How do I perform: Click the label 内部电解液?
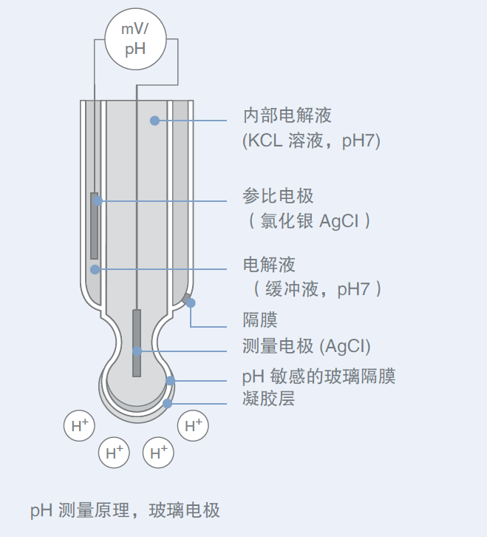pos(287,116)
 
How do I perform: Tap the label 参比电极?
pos(278,197)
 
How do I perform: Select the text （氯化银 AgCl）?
pos(306,220)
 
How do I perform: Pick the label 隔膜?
pos(260,320)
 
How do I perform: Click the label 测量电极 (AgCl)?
pos(306,346)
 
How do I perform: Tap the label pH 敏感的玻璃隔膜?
pos(319,376)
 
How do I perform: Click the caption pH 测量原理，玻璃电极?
pos(125,510)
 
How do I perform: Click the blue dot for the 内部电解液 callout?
pos(154,120)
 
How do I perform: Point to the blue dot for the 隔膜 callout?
pos(191,303)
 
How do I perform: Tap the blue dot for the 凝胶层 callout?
pos(168,403)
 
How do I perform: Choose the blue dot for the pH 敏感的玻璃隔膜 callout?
pos(170,380)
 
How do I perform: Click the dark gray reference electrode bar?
pos(95,226)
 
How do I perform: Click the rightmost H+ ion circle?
pos(194,425)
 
